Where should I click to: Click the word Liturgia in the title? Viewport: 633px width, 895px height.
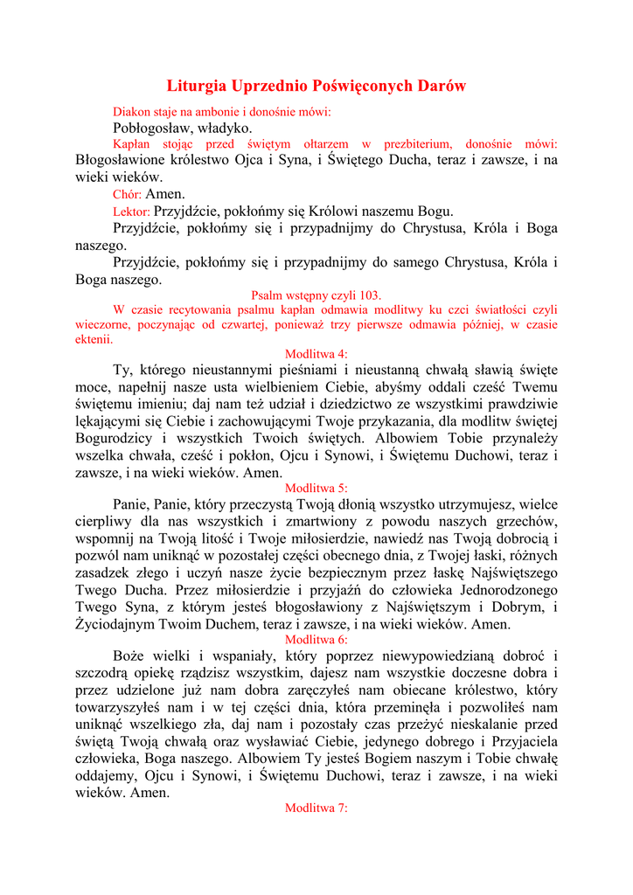point(195,86)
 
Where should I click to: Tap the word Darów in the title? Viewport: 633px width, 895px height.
point(442,86)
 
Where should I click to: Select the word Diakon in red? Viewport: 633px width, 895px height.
point(132,112)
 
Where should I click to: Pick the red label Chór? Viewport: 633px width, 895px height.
point(128,194)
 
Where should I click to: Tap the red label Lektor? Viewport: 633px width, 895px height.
point(132,211)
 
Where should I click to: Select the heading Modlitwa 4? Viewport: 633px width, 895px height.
point(316,353)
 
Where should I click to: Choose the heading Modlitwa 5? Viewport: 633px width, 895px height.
point(316,488)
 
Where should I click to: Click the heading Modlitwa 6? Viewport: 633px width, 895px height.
point(316,639)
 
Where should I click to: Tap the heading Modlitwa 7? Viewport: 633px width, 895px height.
point(316,808)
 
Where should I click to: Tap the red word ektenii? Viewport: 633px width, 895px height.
point(94,340)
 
